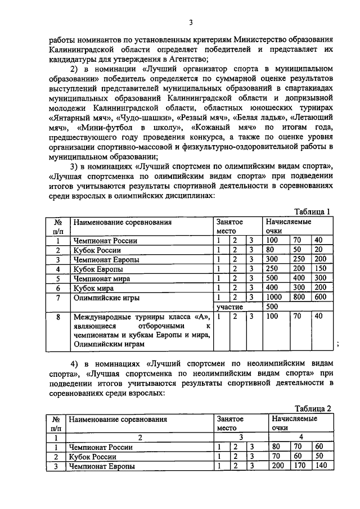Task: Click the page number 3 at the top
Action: [190, 22]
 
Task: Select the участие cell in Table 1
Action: [231, 308]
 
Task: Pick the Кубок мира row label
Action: [93, 288]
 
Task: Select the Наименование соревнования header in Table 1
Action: [122, 222]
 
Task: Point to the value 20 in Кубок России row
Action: [318, 250]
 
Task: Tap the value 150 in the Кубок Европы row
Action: [321, 269]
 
